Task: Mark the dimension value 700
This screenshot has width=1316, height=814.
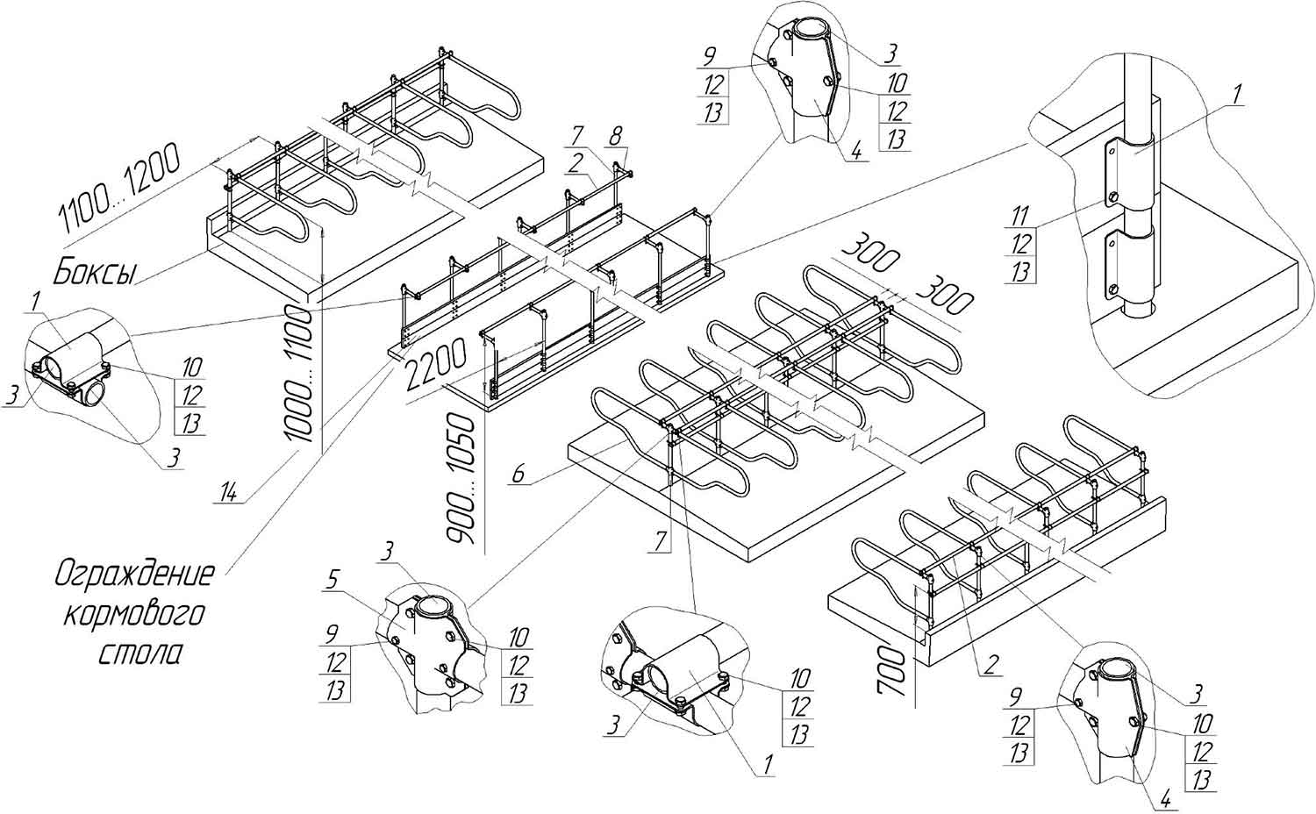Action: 894,671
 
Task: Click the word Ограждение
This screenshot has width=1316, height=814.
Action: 134,575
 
